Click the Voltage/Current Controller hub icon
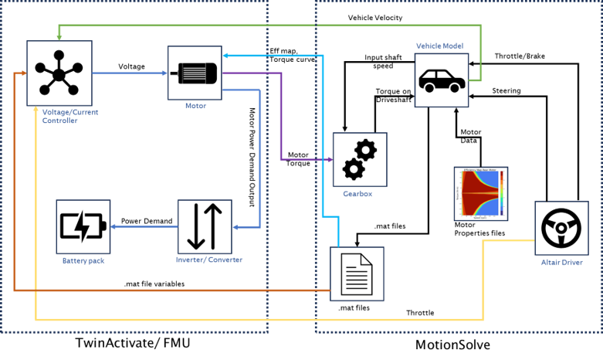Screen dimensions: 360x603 click(59, 73)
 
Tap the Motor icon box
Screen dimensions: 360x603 click(194, 73)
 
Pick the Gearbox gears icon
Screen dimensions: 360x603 click(359, 159)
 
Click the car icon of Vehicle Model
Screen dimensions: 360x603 click(442, 79)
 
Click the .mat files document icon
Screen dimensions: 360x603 click(356, 273)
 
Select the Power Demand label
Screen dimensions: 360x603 click(147, 222)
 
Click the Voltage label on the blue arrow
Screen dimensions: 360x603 click(131, 66)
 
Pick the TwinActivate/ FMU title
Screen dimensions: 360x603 click(133, 343)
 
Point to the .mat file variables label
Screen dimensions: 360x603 click(154, 284)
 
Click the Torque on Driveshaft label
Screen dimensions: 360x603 click(393, 96)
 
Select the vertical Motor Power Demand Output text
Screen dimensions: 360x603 click(252, 155)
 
